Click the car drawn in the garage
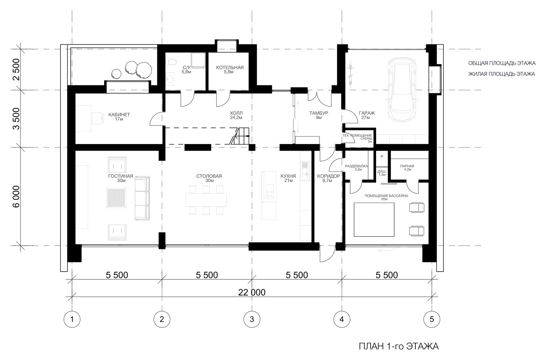pos(402,89)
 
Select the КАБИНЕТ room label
pos(119,114)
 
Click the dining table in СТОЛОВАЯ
pos(206,200)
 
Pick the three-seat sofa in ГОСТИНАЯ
pos(142,198)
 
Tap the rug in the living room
pos(116,198)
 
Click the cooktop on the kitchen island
pos(269,192)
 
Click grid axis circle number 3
pos(252,319)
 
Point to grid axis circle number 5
pos(432,319)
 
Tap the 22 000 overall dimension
pos(252,292)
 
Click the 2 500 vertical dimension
pos(16,70)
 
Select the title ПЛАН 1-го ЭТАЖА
pos(399,346)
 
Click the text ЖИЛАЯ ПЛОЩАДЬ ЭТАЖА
pos(502,74)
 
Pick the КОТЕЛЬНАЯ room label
pos(230,68)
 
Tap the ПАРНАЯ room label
pos(407,166)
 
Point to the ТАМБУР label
pos(319,113)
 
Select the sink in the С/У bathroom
pos(170,79)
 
